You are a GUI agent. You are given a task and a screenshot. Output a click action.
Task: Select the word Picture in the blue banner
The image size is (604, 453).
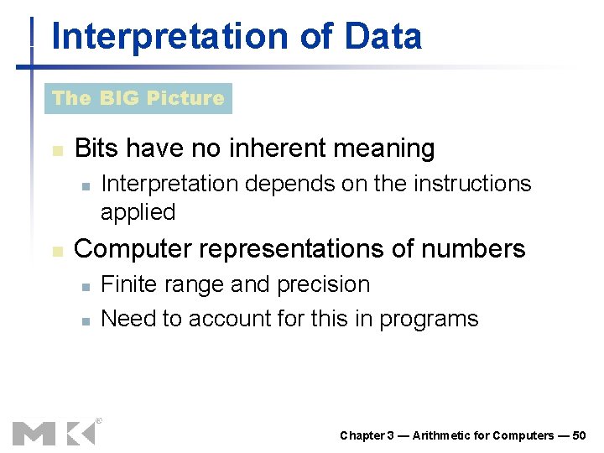pyautogui.click(x=185, y=98)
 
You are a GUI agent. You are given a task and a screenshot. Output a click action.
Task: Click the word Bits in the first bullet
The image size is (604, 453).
pyautogui.click(x=97, y=148)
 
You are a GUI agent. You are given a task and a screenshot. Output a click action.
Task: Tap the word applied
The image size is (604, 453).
pyautogui.click(x=138, y=212)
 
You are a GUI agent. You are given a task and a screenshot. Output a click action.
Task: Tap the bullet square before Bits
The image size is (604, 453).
pyautogui.click(x=57, y=151)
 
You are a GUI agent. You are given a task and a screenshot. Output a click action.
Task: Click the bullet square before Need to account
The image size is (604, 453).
pyautogui.click(x=85, y=320)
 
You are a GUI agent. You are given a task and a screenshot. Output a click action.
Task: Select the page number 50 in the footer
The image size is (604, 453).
pyautogui.click(x=579, y=435)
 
